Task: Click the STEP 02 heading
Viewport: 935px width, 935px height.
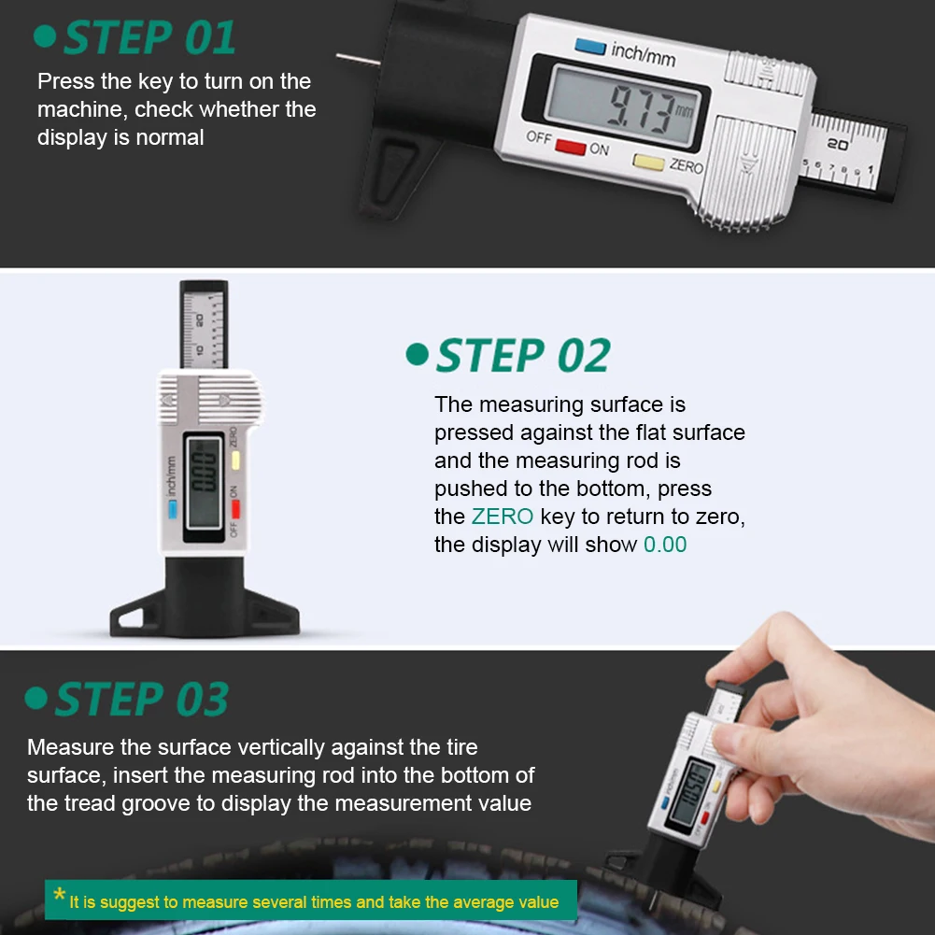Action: pos(522,356)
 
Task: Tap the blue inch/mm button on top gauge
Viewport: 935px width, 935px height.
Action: pos(590,45)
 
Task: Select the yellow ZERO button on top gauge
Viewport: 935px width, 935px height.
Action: pos(648,162)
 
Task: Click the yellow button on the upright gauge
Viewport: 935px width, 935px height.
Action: pos(237,460)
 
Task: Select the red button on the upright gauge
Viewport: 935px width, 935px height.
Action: pos(236,508)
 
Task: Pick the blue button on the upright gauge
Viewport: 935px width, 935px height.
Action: pos(172,510)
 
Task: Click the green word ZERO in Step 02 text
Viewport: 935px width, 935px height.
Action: pos(503,517)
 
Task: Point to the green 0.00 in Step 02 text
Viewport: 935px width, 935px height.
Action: pos(665,545)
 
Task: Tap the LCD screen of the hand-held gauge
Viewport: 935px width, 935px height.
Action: pos(692,791)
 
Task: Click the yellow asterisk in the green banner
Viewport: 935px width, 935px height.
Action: pos(60,897)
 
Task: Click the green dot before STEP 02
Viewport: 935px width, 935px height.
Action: pos(417,355)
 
